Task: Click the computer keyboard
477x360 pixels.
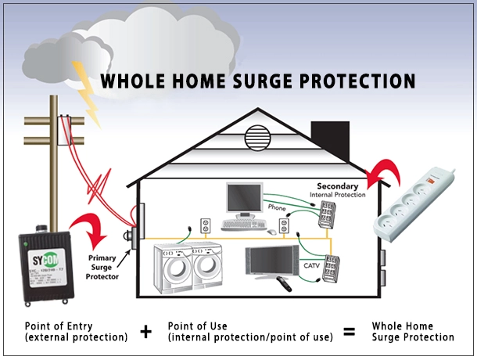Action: click(x=245, y=225)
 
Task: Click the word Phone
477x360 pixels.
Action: click(x=278, y=208)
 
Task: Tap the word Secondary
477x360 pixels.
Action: click(x=337, y=186)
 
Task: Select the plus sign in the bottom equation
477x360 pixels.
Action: click(x=145, y=332)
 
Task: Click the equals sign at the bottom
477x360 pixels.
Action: click(x=349, y=332)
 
